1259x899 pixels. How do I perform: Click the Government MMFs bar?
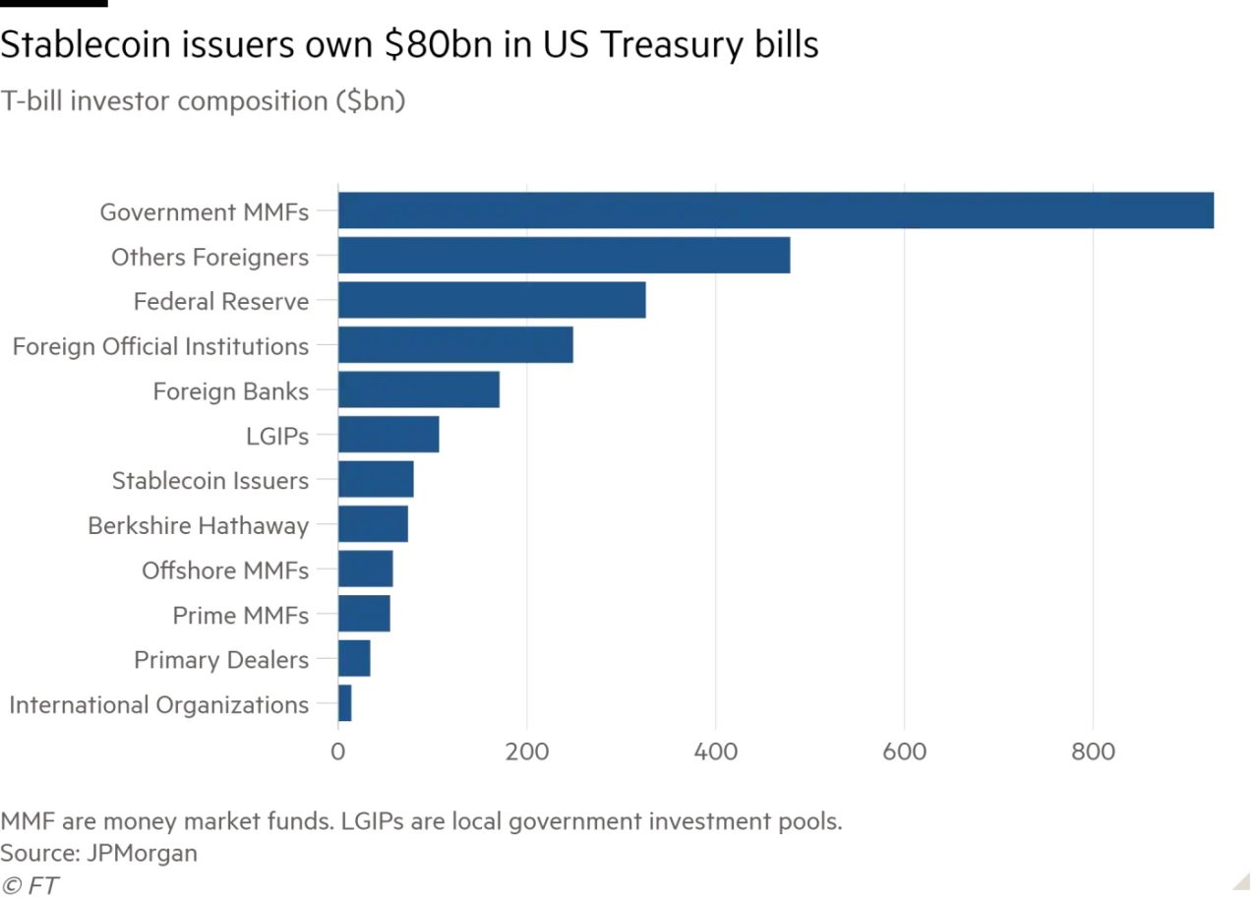tap(775, 211)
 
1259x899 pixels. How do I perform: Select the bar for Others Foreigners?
tap(564, 256)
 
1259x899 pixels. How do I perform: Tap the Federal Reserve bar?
tap(492, 301)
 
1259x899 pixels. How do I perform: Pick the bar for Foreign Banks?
tap(419, 390)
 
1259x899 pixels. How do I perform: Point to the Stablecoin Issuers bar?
tap(376, 480)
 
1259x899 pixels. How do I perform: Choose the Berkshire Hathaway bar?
tap(373, 525)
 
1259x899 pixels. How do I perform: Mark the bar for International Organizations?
tap(345, 704)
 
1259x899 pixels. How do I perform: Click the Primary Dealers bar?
tap(354, 659)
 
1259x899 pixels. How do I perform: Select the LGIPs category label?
tap(277, 436)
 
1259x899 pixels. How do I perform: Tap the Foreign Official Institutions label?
tap(160, 346)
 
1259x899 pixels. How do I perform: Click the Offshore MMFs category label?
tap(225, 570)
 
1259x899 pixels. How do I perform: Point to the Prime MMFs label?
tap(241, 616)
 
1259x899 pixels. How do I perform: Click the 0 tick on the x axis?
tap(338, 752)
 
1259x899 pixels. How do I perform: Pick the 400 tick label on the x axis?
tap(716, 752)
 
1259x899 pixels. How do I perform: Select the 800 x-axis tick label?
tap(1093, 752)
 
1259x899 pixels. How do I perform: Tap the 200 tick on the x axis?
tap(527, 752)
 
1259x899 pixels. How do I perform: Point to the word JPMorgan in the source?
tap(142, 853)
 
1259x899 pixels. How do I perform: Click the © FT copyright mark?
tap(30, 885)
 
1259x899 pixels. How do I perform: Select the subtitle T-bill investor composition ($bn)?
tap(203, 101)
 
